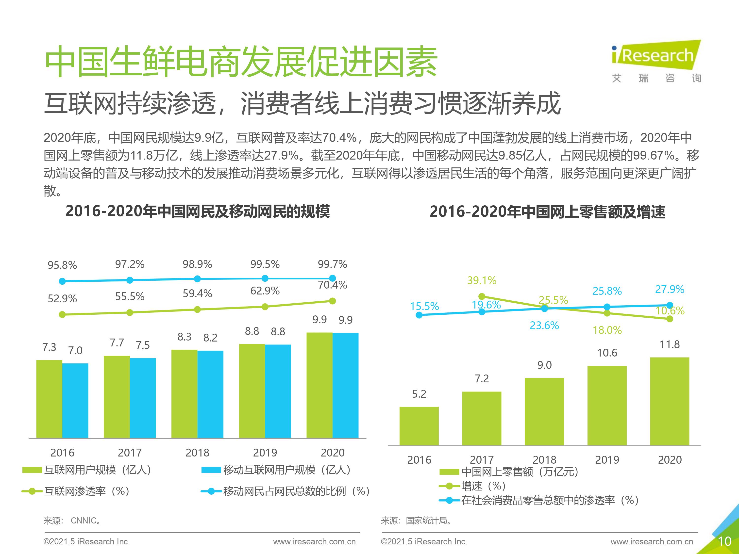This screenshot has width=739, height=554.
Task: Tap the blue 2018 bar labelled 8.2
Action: pos(210,394)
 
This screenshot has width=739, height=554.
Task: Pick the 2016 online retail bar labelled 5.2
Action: pos(419,426)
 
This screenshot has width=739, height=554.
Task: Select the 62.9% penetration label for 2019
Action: pos(265,291)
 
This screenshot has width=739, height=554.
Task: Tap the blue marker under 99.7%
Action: pos(332,278)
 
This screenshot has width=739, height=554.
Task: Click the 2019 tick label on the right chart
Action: pos(607,460)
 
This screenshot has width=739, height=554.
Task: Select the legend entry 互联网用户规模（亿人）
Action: pos(87,470)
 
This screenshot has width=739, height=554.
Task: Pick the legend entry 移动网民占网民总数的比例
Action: pos(286,491)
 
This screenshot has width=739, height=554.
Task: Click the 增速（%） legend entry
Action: pos(473,486)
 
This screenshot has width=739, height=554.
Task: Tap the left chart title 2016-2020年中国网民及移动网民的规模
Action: pos(198,211)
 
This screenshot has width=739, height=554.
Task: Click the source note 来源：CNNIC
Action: pos(72,521)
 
